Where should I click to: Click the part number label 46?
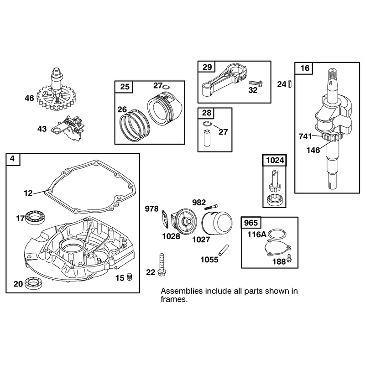(x=29, y=98)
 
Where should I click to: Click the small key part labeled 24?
(x=290, y=83)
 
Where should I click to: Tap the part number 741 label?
(x=305, y=136)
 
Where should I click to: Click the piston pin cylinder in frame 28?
(x=207, y=138)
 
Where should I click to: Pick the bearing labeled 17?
(x=36, y=218)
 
